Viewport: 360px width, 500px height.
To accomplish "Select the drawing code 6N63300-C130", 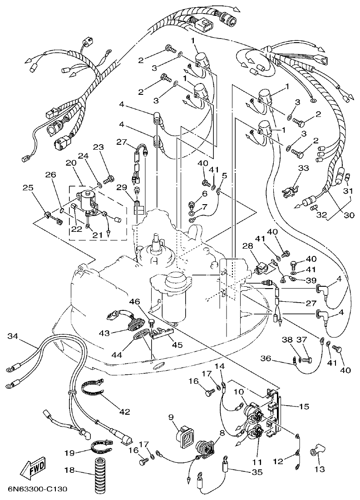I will click(x=37, y=490).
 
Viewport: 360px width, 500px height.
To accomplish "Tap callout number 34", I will click(x=13, y=336).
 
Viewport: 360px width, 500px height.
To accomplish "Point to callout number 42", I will click(x=124, y=412).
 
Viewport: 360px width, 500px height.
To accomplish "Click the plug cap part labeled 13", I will click(x=314, y=452).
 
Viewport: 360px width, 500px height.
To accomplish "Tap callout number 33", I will click(x=303, y=168).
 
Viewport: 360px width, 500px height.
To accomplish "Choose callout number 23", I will click(x=99, y=147).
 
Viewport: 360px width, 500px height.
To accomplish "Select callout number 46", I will click(x=134, y=301).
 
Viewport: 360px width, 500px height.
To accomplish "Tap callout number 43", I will click(x=105, y=333).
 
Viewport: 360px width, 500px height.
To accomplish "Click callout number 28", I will click(x=247, y=246).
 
